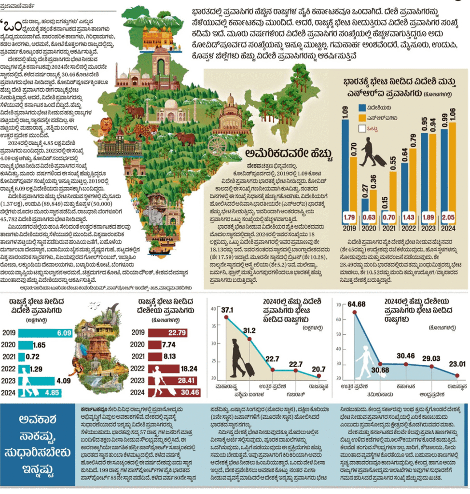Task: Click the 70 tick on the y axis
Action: coord(338,305)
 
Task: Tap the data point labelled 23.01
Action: coord(457,375)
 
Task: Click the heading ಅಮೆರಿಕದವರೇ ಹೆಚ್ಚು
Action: coord(289,154)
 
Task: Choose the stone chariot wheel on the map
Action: coord(218,144)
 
